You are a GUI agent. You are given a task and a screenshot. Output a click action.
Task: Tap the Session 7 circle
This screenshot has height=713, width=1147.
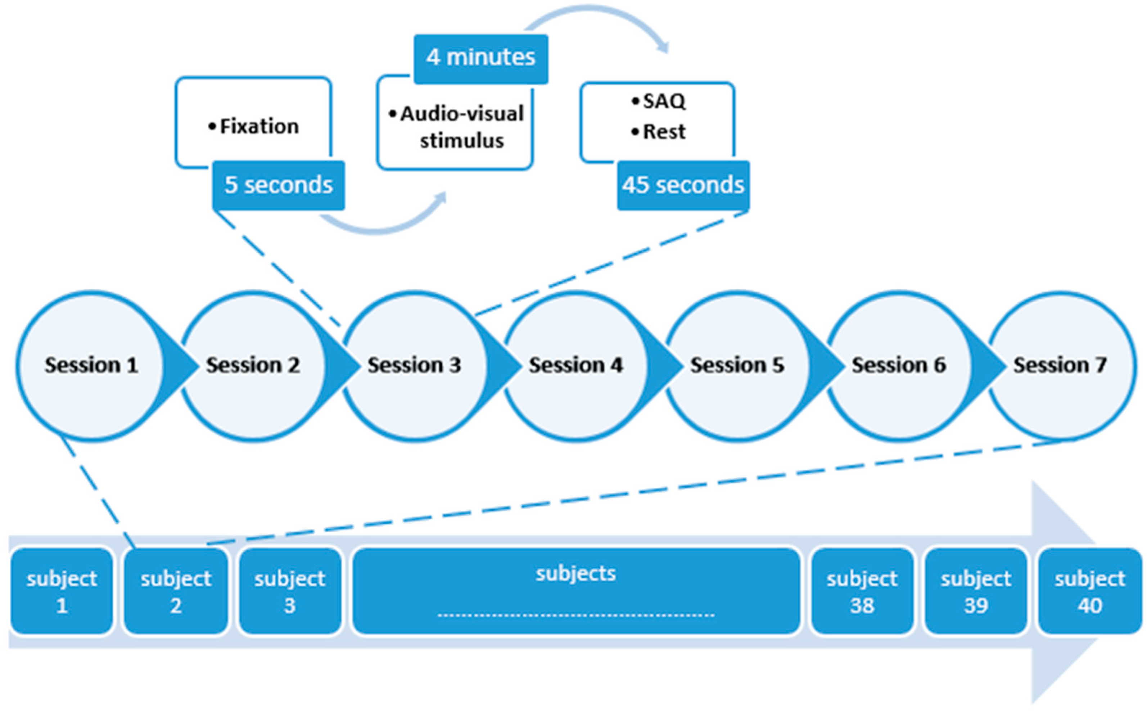1060,365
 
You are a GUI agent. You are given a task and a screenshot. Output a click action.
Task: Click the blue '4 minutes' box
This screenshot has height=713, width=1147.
480,58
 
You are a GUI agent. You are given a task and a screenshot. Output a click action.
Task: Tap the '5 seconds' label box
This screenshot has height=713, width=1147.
278,185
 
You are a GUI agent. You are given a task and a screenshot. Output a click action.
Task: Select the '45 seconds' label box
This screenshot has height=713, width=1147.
683,185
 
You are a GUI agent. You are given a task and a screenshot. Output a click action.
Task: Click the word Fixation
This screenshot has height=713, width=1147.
259,126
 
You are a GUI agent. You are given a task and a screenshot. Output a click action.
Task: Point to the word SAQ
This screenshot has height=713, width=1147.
664,101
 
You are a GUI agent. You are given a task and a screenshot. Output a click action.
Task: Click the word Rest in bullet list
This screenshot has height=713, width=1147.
664,132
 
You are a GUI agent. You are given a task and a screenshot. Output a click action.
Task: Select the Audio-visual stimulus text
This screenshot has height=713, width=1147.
461,127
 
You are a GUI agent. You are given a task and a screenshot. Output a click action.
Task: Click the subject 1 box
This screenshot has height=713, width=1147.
62,591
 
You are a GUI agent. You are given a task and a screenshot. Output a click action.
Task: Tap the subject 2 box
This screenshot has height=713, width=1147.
176,591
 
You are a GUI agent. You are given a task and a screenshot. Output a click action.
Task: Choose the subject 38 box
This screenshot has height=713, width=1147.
862,591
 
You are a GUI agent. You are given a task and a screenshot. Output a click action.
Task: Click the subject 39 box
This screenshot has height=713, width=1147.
976,591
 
